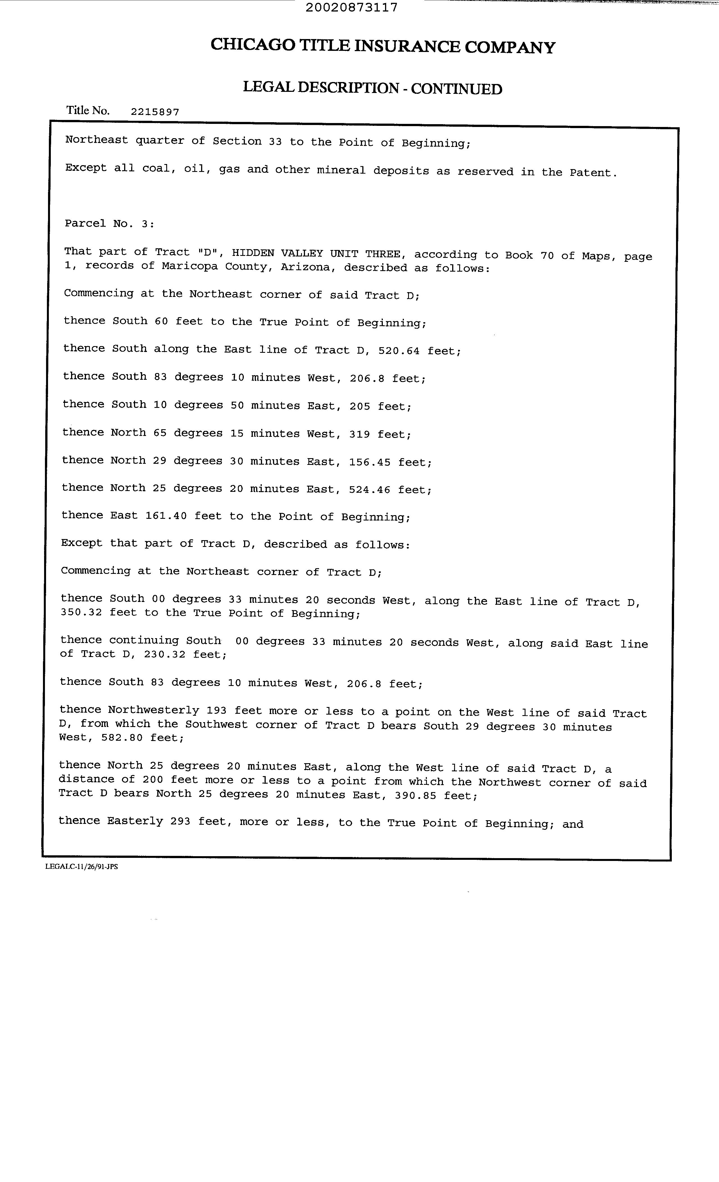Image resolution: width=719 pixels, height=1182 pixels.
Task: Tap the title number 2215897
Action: pos(155,112)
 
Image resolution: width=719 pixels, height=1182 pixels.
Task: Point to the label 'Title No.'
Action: pos(88,110)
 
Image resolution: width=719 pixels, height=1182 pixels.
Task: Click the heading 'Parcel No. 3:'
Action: pos(109,224)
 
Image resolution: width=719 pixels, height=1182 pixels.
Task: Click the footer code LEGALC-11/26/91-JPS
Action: pos(81,867)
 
